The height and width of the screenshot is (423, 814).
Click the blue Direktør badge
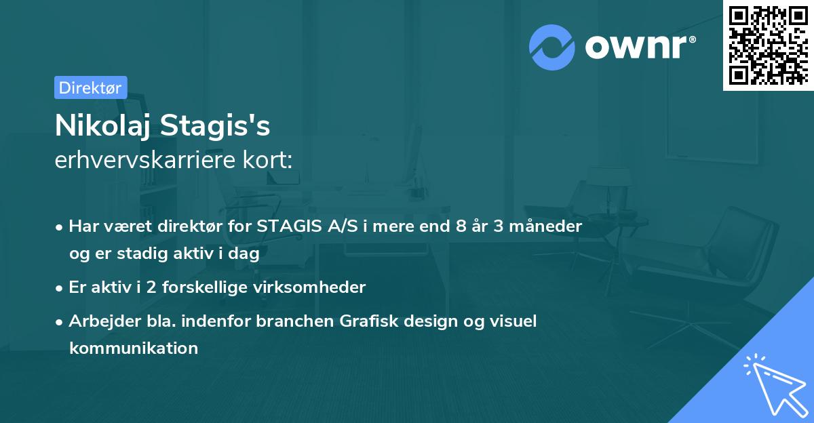coord(90,87)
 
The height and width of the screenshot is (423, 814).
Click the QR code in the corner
coord(767,45)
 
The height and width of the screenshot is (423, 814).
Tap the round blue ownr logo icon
coord(552,47)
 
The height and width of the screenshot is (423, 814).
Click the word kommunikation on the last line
coord(133,348)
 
